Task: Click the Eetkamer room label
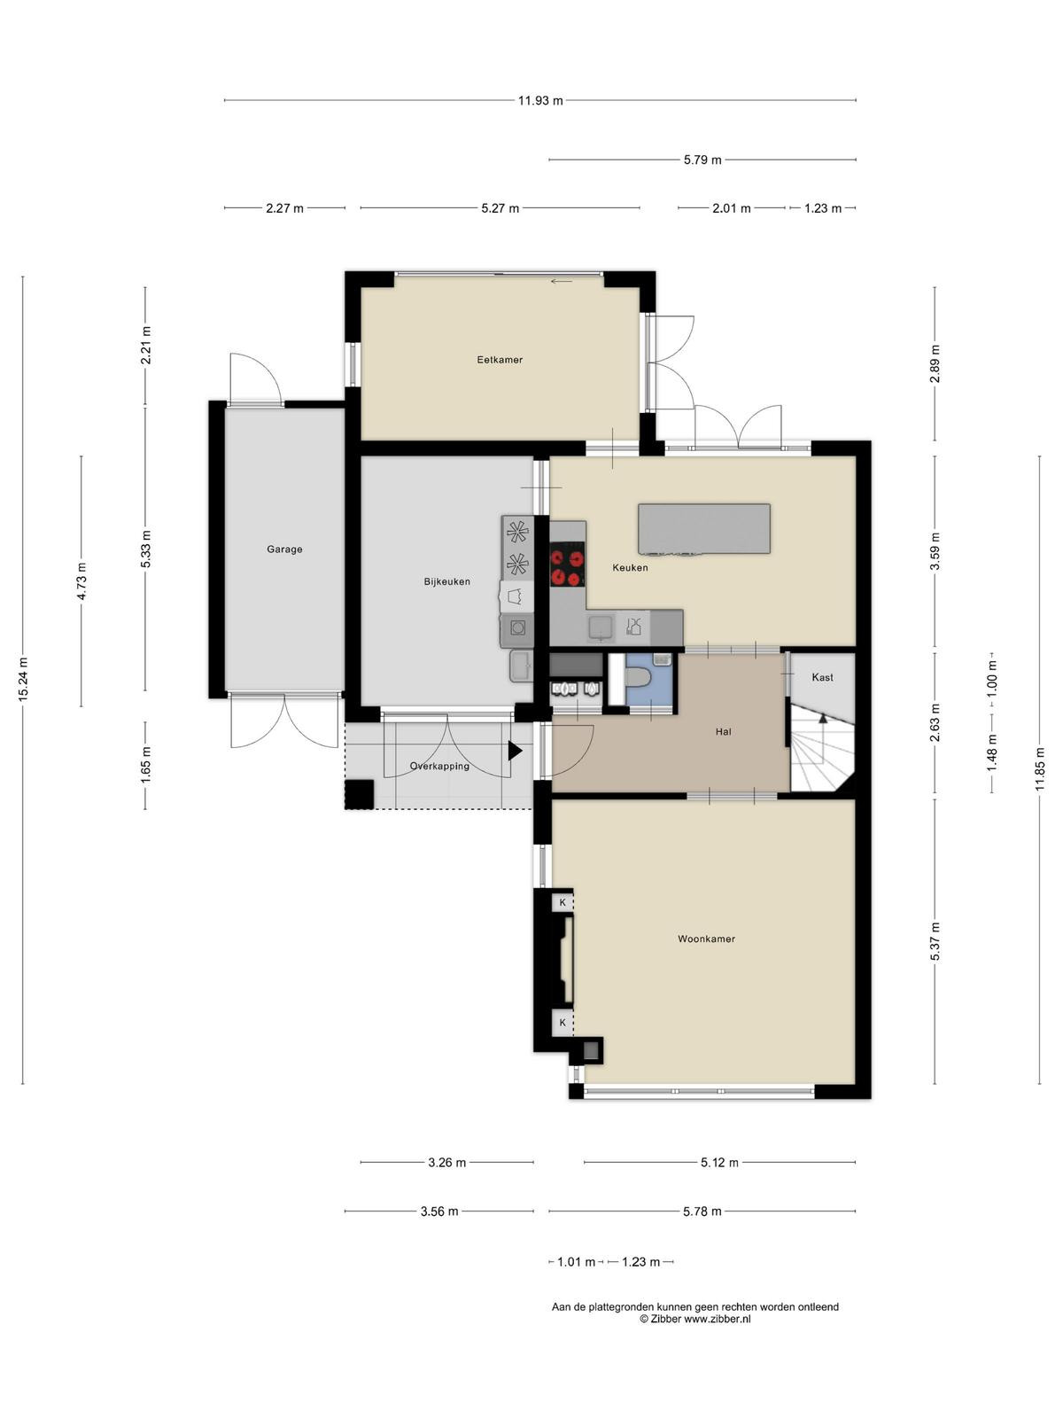click(499, 360)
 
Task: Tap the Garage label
click(284, 549)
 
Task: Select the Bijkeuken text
click(446, 581)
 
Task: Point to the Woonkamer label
click(706, 939)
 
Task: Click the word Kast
click(822, 677)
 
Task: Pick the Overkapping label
click(439, 767)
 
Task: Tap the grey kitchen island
click(703, 529)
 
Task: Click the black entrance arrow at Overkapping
click(515, 750)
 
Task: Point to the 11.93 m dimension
click(540, 100)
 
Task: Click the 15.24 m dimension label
click(23, 679)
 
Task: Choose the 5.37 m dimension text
click(935, 941)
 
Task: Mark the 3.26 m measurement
click(446, 1162)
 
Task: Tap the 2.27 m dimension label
click(284, 208)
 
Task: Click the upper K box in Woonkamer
click(563, 902)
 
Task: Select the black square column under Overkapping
click(360, 795)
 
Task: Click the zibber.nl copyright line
click(695, 1319)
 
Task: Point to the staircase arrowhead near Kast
click(823, 719)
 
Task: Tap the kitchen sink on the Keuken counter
click(601, 627)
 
